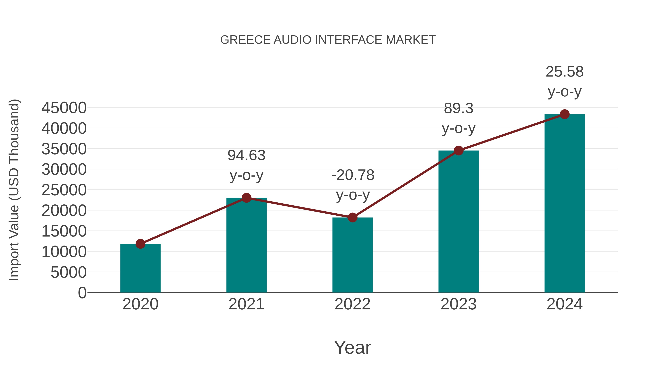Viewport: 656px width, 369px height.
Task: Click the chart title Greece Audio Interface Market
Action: pos(328,40)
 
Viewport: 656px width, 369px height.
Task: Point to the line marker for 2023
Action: pos(458,151)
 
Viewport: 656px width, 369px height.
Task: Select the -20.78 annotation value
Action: pos(353,175)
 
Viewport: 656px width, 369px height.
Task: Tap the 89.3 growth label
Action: pos(458,108)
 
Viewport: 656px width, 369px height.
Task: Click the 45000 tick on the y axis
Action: pos(64,108)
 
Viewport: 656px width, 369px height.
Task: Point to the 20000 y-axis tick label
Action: pos(64,211)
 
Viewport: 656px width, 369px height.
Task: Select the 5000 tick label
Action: pos(69,272)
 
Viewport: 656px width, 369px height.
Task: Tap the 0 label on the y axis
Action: pos(82,293)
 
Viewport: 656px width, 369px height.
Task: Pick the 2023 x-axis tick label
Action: pos(458,304)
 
